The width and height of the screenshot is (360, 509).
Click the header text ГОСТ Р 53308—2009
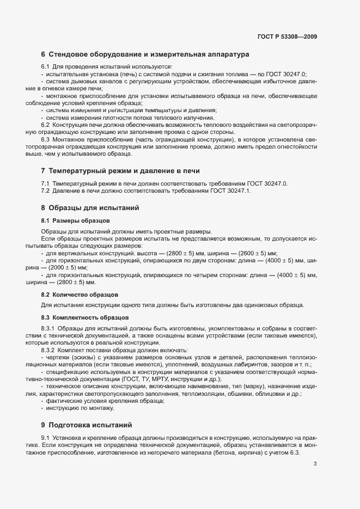pos(287,37)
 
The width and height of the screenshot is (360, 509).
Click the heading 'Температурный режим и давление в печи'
pos(125,170)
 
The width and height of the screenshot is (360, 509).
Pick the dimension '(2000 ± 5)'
pos(67,268)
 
